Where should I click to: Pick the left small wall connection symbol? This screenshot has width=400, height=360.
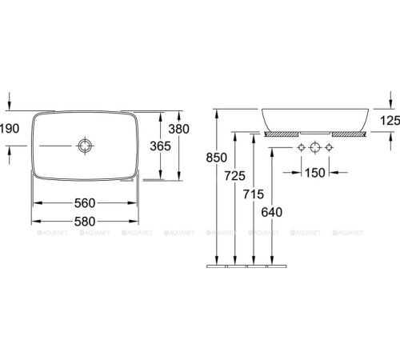point(300,149)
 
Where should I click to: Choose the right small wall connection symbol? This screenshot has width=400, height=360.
point(329,149)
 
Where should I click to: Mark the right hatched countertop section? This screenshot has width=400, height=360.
point(350,134)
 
